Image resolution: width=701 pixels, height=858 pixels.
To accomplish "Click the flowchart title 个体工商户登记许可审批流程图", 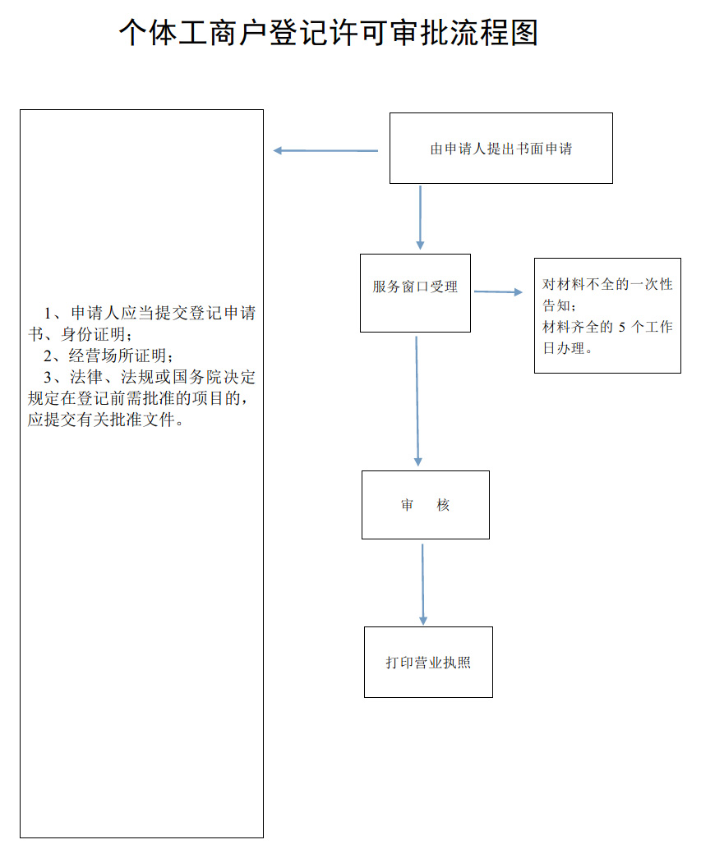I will (328, 34).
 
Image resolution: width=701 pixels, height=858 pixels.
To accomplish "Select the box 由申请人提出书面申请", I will (500, 149).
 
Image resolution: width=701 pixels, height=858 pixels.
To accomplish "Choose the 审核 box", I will (425, 505).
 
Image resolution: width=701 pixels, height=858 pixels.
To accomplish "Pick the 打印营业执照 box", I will (428, 663).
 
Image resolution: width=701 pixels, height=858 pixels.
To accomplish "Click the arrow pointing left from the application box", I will (325, 150).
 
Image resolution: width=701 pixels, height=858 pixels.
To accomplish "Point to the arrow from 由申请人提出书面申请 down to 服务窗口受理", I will (420, 218).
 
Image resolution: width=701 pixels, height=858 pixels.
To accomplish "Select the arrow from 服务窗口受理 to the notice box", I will (498, 291).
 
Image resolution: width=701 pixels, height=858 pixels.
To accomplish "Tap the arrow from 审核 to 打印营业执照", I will (423, 584).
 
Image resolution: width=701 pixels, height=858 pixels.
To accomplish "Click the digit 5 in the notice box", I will (622, 327).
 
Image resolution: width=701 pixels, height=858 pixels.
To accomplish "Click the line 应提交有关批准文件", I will (104, 420).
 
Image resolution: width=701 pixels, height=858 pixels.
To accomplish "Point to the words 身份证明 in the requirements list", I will (97, 335).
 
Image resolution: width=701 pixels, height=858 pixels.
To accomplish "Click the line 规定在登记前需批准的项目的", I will (137, 399).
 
